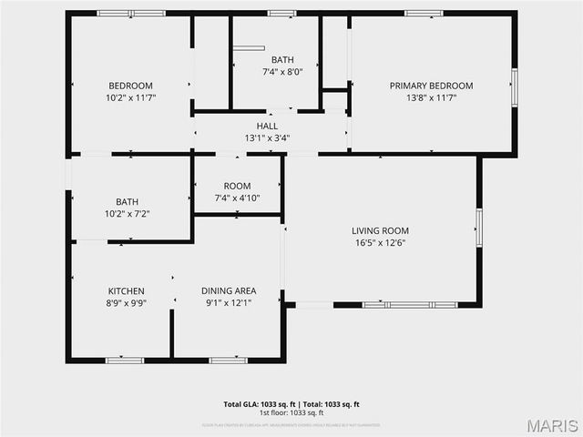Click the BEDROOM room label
click(131, 86)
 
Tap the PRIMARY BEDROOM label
click(431, 86)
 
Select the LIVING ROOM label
click(380, 230)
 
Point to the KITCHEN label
click(127, 291)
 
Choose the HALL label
click(267, 127)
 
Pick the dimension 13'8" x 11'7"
click(431, 97)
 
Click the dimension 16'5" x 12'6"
click(380, 242)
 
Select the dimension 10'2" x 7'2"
click(127, 213)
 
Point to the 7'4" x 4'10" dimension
click(237, 198)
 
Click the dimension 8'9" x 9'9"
click(127, 303)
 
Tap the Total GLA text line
click(291, 403)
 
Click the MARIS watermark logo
click(550, 424)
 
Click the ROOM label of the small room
click(237, 186)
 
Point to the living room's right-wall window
click(479, 228)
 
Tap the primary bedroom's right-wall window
click(515, 86)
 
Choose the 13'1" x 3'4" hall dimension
click(267, 138)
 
